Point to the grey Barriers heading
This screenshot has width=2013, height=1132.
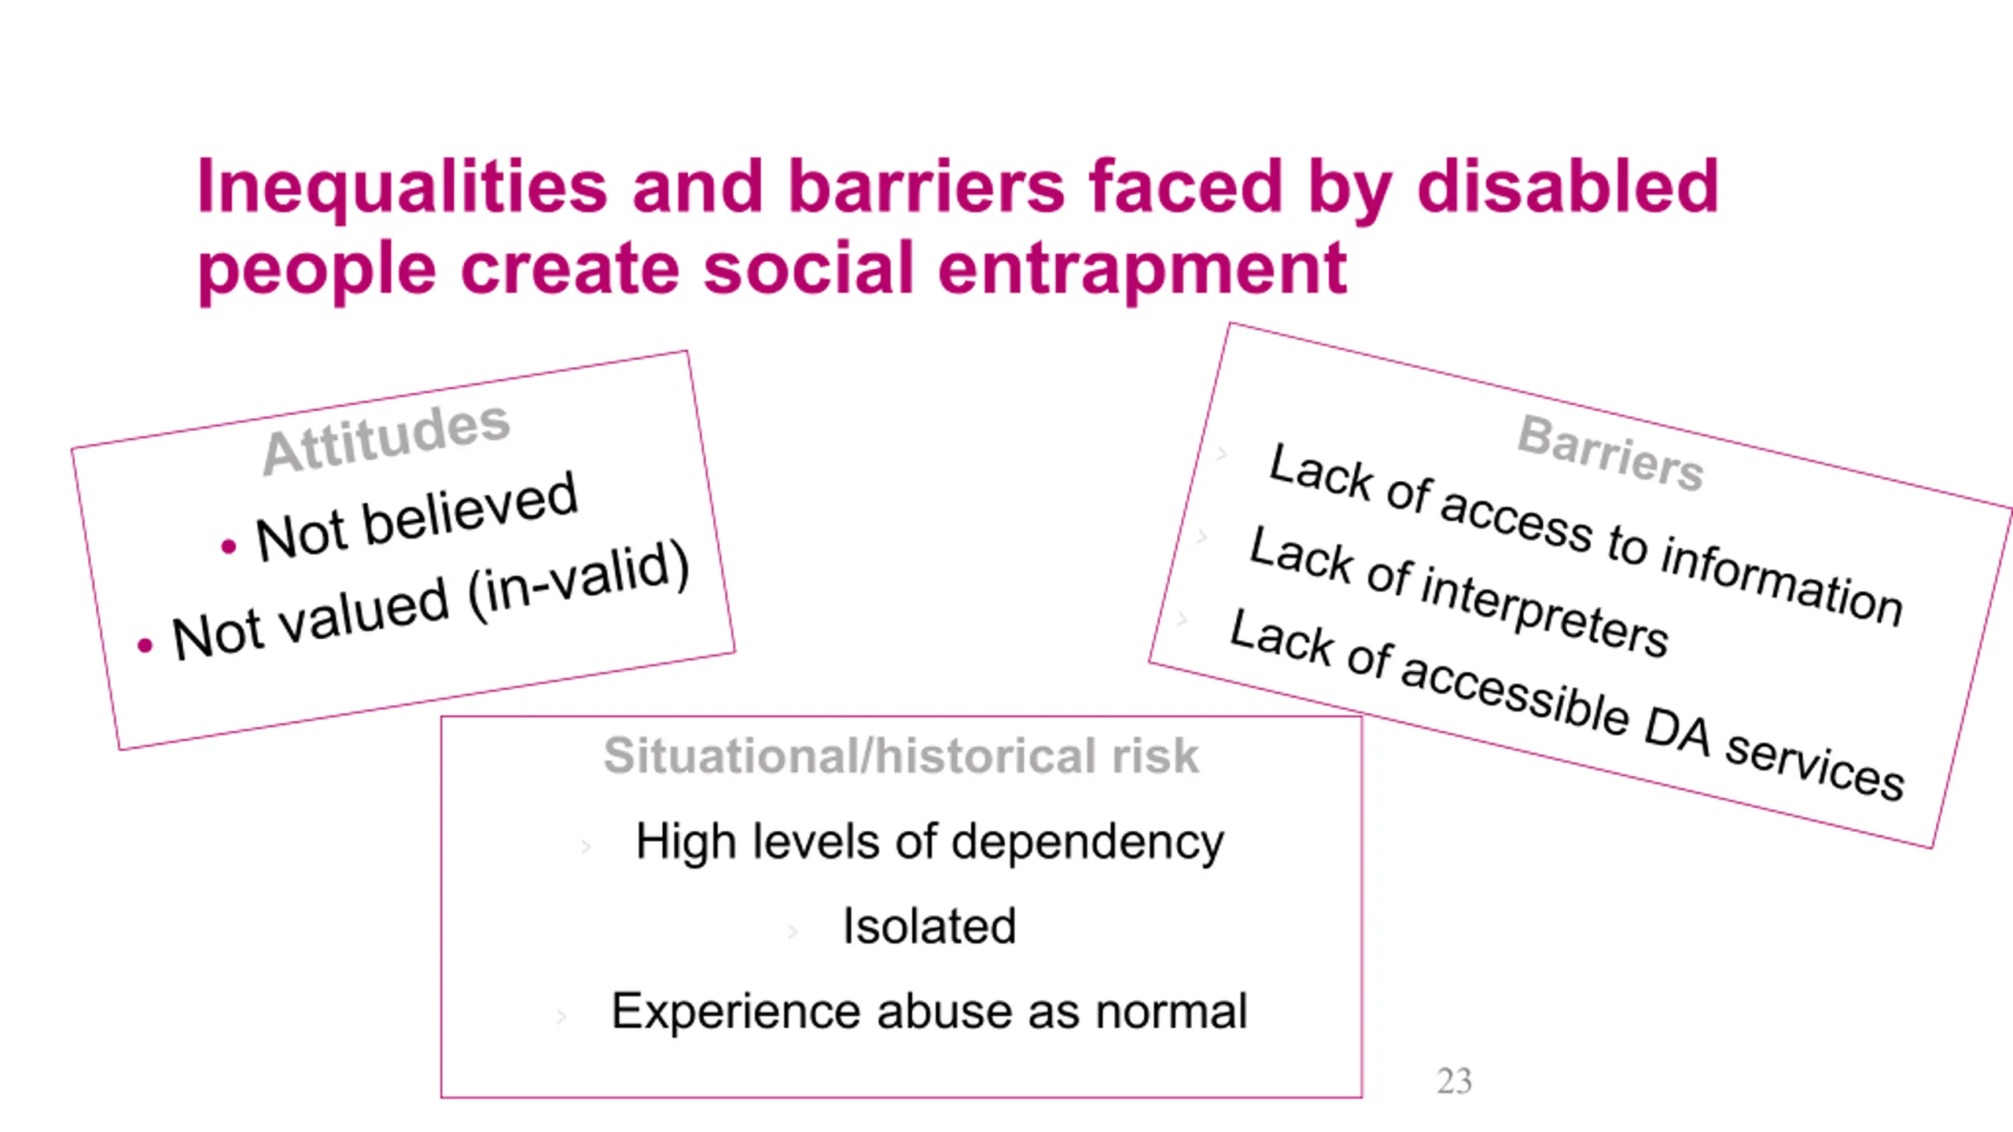(1610, 453)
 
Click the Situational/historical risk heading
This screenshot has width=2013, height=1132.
(901, 755)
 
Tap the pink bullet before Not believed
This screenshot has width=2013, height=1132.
(228, 546)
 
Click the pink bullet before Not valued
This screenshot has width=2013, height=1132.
(145, 646)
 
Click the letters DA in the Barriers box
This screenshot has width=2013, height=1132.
(1678, 731)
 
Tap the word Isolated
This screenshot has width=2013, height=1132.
(929, 925)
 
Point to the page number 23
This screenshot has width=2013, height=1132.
(1454, 1082)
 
